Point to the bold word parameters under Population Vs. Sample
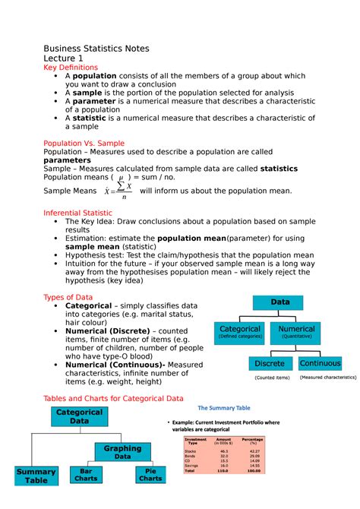point(71,160)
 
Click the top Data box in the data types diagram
point(281,302)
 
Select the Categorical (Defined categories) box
point(239,332)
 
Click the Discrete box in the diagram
point(270,363)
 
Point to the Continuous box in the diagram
point(320,363)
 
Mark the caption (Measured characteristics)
point(328,377)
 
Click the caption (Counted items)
point(272,378)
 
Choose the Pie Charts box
point(150,475)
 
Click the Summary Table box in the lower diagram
point(36,477)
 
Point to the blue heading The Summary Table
point(224,408)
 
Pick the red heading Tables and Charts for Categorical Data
point(113,398)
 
